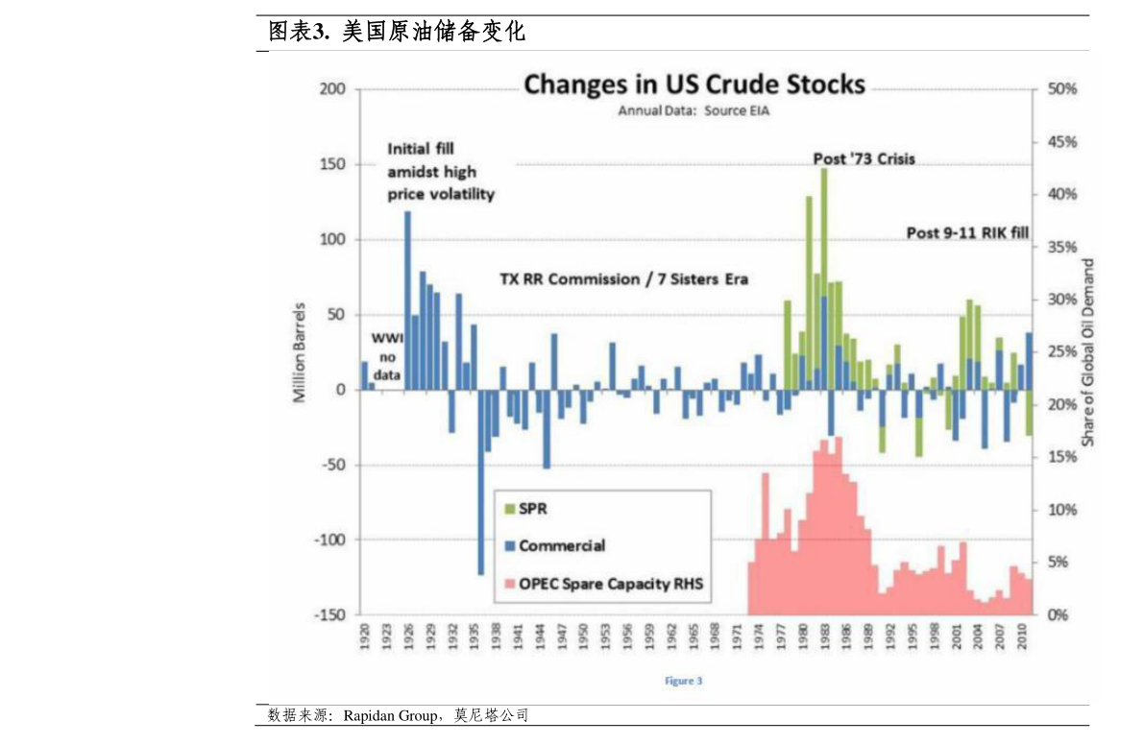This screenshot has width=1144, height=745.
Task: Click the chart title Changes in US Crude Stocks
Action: click(694, 84)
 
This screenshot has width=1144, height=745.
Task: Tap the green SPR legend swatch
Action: click(510, 510)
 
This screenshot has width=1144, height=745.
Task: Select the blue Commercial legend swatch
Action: click(510, 546)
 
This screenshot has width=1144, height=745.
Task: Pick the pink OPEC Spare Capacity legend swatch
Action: click(510, 583)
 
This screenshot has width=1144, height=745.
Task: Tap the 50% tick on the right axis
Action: click(1062, 89)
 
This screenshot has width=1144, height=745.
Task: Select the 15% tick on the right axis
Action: click(1062, 457)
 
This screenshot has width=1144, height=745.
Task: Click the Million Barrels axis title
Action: click(300, 351)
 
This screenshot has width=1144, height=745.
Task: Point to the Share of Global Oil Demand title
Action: click(1088, 351)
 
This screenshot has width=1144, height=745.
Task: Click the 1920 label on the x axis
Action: click(364, 639)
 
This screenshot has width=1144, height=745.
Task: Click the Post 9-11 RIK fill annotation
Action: click(967, 232)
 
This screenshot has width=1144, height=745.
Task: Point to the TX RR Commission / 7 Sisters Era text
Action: click(623, 279)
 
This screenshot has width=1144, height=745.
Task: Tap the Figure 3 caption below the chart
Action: click(683, 681)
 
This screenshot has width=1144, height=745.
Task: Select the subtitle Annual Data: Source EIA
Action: click(694, 110)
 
